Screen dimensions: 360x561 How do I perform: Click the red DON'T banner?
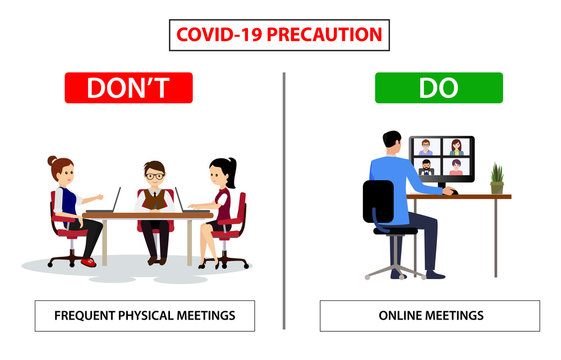coord(128,88)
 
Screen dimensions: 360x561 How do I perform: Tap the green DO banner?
coord(439,88)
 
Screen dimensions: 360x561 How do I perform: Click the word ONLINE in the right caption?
coord(406,316)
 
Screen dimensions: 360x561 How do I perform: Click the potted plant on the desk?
coord(496,179)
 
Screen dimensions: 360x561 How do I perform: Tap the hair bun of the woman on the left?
coord(54,161)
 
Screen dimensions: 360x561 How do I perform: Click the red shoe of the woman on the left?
coord(88,262)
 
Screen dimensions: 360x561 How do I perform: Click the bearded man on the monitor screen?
coord(427,166)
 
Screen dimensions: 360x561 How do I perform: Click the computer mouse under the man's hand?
coord(452,191)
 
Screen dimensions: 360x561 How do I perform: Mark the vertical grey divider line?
coord(284,200)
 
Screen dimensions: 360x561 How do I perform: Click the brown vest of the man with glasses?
coord(154,198)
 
